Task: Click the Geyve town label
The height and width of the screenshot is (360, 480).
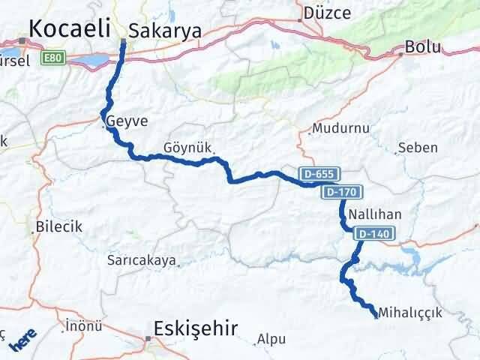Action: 127,121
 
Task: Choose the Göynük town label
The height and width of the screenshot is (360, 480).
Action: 187,147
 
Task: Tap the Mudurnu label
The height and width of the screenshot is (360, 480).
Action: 341,128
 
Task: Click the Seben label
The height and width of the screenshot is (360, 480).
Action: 418,147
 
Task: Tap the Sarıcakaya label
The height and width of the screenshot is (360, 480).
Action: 142,260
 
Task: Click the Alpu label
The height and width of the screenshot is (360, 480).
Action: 271,339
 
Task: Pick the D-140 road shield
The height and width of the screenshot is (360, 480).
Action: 373,234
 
